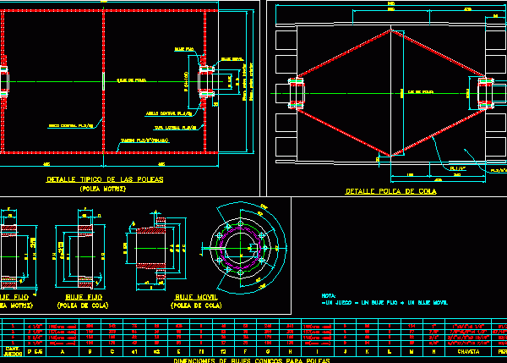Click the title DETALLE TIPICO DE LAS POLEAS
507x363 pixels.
pyautogui.click(x=106, y=181)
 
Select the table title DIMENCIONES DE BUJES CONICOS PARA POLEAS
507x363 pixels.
pyautogui.click(x=251, y=360)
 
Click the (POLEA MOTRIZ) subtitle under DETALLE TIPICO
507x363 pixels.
pyautogui.click(x=104, y=190)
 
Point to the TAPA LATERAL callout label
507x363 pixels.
pyautogui.click(x=181, y=125)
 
